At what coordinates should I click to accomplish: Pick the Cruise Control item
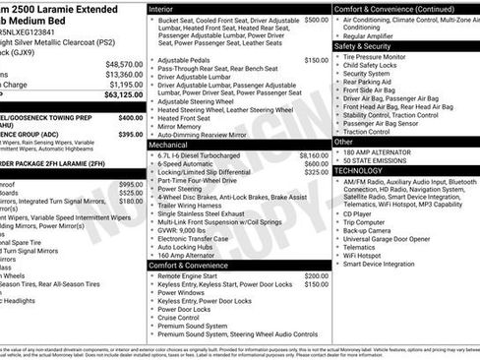point(179,317)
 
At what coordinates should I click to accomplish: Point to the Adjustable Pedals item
point(184,60)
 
